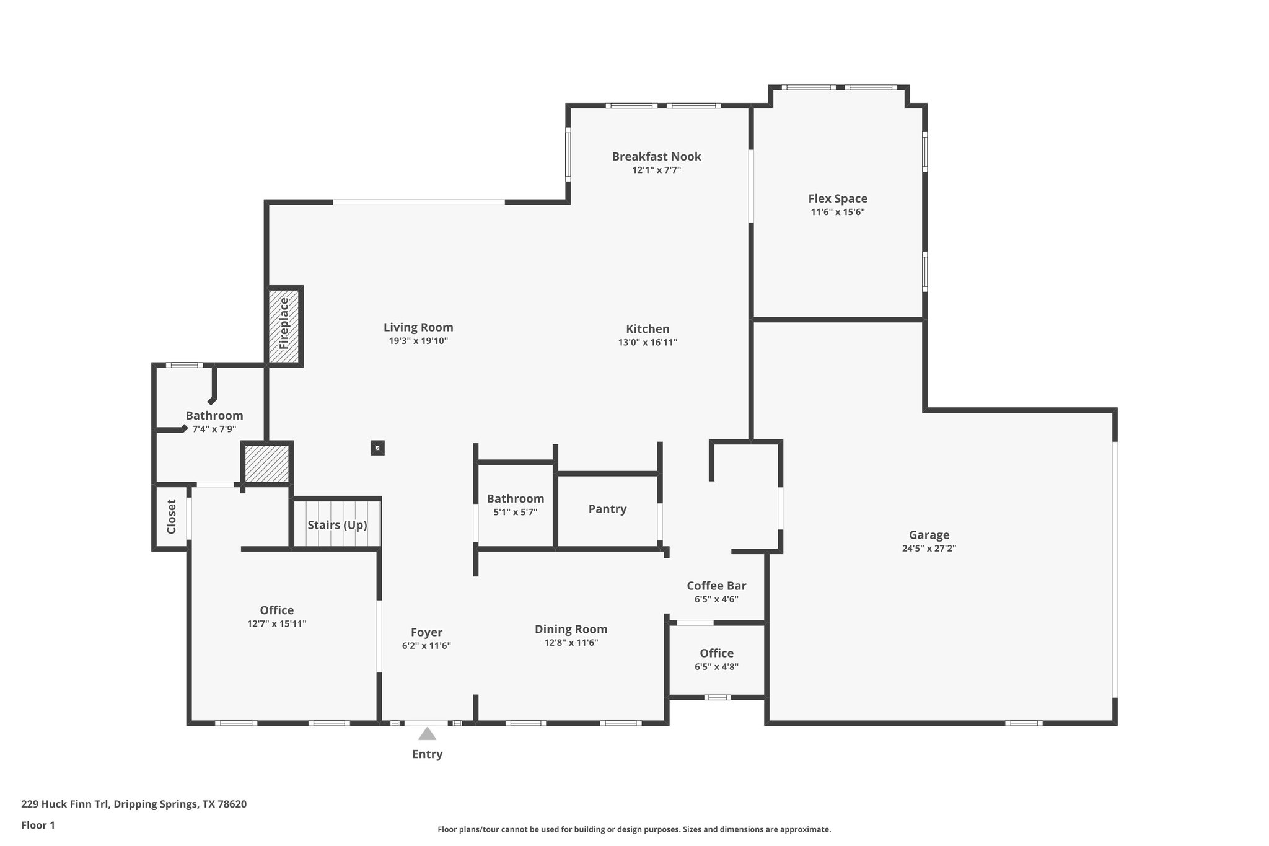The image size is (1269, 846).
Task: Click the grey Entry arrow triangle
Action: (x=427, y=734)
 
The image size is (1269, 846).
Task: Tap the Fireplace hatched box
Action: (x=284, y=326)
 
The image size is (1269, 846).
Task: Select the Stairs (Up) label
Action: (x=337, y=525)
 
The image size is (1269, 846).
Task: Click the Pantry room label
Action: (x=607, y=509)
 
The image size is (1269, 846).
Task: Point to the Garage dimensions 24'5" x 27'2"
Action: (x=929, y=548)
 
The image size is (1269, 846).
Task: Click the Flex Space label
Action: (x=838, y=198)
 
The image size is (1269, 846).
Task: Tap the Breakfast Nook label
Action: (x=656, y=156)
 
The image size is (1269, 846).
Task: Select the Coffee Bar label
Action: (x=716, y=586)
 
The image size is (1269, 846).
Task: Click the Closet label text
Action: (x=172, y=516)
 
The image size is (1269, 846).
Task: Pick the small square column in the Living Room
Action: (x=377, y=447)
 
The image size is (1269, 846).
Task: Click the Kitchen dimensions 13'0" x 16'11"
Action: (x=648, y=342)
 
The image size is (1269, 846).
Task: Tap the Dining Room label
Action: (x=571, y=629)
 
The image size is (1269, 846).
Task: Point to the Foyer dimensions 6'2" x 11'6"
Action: (x=426, y=645)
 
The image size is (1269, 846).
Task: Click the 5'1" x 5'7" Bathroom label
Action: (x=515, y=499)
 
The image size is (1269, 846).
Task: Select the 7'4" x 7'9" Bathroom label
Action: (x=214, y=416)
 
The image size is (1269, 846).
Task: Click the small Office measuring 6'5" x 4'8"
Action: (x=716, y=653)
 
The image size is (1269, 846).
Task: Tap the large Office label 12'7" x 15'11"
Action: (x=276, y=610)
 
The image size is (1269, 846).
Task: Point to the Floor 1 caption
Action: (x=38, y=825)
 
